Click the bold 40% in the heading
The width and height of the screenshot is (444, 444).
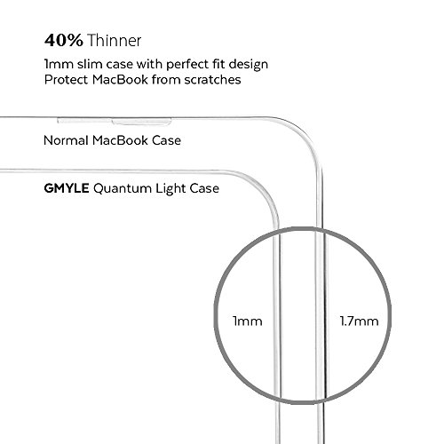[64, 40]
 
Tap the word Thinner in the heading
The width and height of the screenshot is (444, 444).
[115, 40]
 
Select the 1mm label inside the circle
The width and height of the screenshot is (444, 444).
[248, 321]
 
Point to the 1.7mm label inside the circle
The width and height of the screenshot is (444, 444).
[359, 321]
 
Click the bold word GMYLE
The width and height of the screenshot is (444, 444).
[67, 188]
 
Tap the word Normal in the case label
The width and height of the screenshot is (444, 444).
[66, 140]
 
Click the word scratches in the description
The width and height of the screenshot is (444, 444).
[212, 80]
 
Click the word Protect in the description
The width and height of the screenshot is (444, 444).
[66, 80]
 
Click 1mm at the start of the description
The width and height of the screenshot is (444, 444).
[59, 64]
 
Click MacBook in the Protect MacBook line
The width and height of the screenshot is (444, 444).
[120, 80]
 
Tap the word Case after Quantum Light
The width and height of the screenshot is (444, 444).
[204, 188]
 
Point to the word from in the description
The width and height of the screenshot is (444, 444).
[166, 80]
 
